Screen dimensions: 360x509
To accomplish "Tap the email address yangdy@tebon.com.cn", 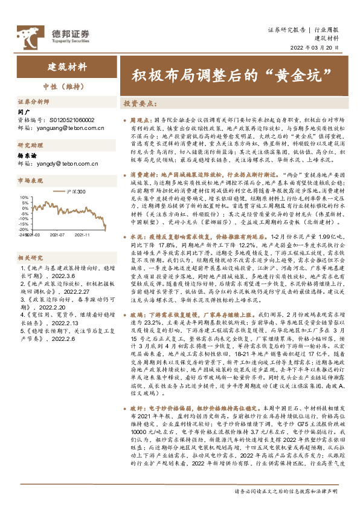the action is [67, 163].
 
